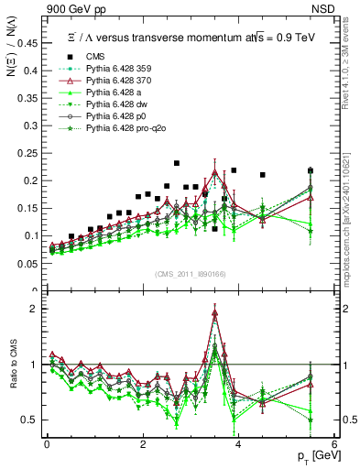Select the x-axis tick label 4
click(x=237, y=443)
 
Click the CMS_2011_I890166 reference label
click(x=188, y=274)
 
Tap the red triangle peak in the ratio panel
click(x=215, y=313)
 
